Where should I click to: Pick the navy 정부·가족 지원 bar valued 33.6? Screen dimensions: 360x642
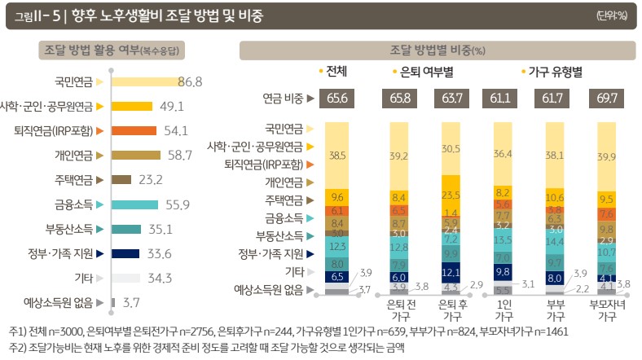pyautogui.click(x=124, y=253)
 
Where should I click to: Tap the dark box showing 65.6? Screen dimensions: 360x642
pyautogui.click(x=337, y=99)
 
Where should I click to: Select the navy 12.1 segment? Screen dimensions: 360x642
pyautogui.click(x=451, y=271)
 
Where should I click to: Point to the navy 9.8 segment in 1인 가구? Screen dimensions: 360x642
pyautogui.click(x=502, y=272)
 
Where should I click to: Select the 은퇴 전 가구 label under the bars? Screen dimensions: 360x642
pyautogui.click(x=399, y=311)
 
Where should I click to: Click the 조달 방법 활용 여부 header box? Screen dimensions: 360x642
pyautogui.click(x=121, y=50)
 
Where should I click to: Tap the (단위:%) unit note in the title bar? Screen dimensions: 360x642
pyautogui.click(x=616, y=16)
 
